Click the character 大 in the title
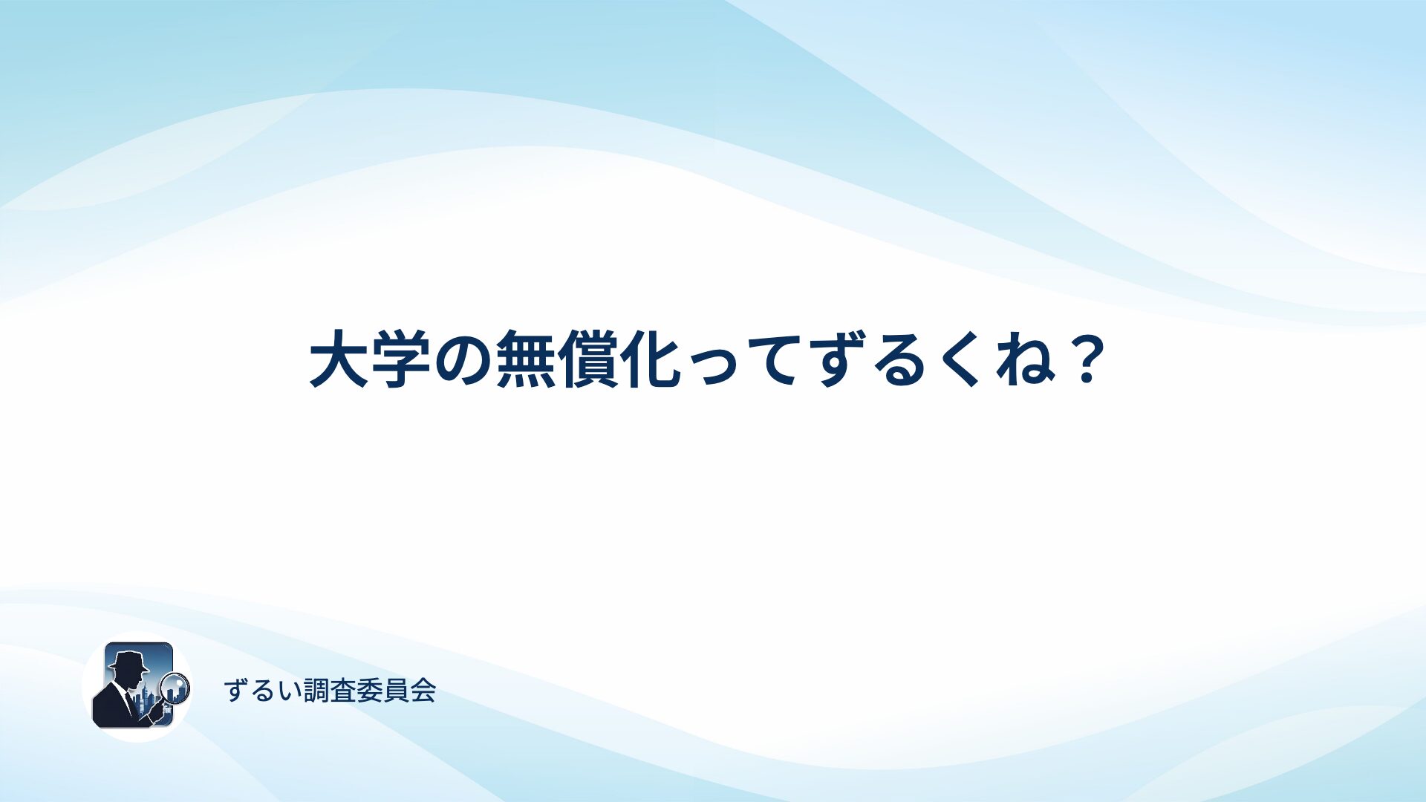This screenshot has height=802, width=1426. tap(339, 360)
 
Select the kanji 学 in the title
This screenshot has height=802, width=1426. tap(402, 360)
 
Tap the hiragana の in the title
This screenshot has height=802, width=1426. tap(463, 361)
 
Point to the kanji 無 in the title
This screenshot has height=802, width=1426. tap(526, 360)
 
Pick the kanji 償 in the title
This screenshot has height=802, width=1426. tap(587, 360)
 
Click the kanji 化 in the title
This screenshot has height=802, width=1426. tap(650, 360)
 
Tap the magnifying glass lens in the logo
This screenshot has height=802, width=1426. tap(176, 687)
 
